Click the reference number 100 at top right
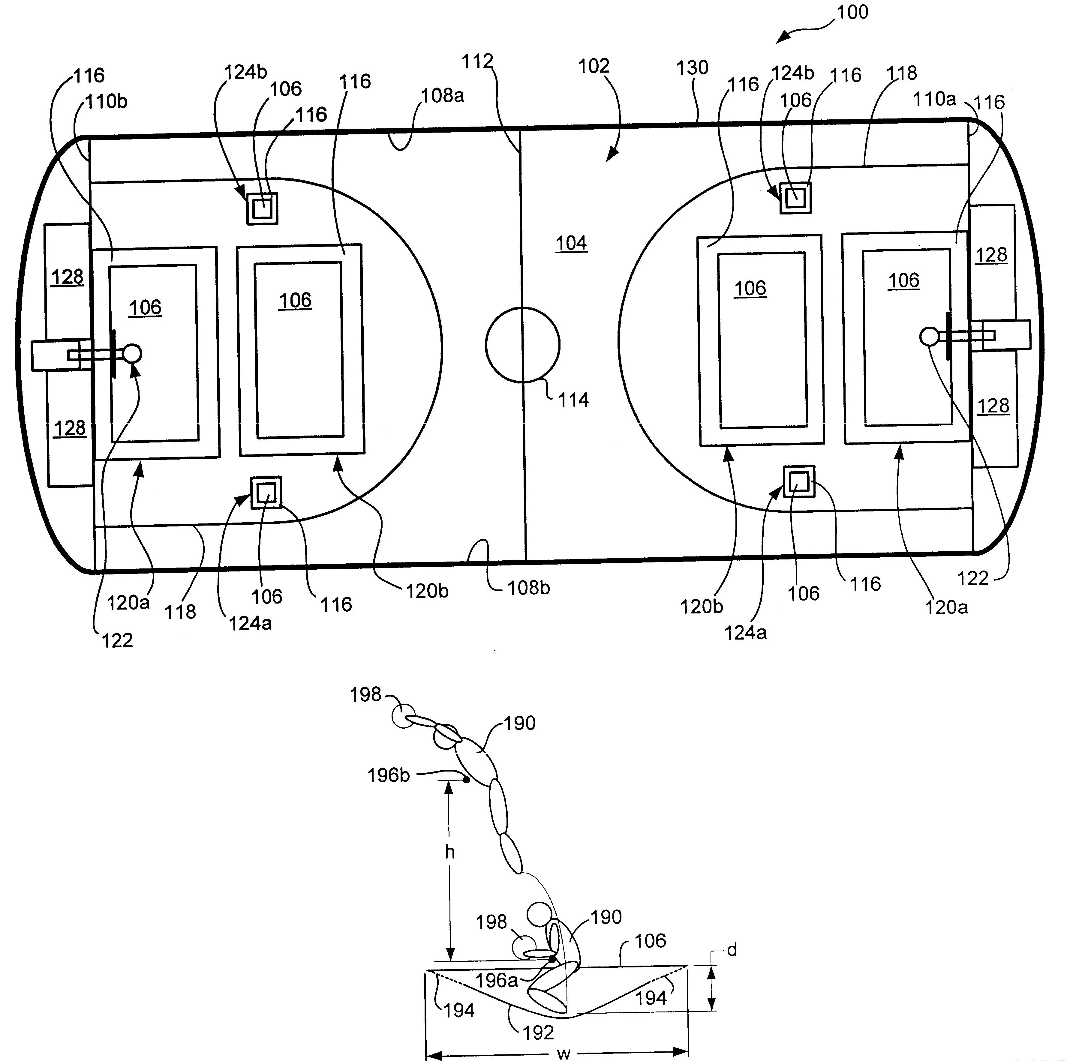tap(852, 12)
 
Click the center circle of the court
tap(522, 345)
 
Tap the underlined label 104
tap(571, 244)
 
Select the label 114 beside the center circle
tap(573, 400)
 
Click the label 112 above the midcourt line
tap(477, 61)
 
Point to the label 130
tap(692, 68)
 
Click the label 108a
tap(442, 96)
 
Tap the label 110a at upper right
tap(934, 99)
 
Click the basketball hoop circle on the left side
tap(132, 353)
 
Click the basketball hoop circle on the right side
tap(930, 336)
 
